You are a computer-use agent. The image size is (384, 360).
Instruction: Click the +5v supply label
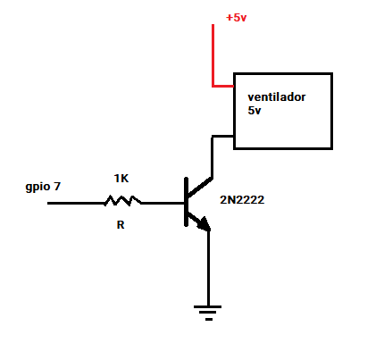pos(237,18)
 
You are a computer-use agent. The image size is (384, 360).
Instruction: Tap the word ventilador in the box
pos(277,97)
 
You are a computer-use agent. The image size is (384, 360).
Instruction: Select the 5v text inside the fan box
pos(255,111)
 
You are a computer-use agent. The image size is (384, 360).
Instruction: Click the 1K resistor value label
pos(121,179)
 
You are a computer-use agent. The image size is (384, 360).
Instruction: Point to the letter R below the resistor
pos(121,225)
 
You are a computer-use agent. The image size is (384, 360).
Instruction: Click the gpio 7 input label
pos(43,187)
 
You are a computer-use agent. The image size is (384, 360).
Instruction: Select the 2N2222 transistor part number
pos(242,200)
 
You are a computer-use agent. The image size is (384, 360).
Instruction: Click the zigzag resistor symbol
pos(122,201)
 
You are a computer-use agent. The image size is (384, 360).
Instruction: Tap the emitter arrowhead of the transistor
pos(205,225)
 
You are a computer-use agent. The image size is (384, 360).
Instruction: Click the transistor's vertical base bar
pos(186,202)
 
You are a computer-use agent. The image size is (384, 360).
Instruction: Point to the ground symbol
pos(208,313)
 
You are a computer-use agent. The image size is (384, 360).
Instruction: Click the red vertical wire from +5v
pos(213,55)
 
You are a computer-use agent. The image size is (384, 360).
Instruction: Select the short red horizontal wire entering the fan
pos(223,87)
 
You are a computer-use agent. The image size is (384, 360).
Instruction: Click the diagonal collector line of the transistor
pos(199,187)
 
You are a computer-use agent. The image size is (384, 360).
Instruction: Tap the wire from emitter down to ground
pos(208,268)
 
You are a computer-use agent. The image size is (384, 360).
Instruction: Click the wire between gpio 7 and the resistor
pos(76,203)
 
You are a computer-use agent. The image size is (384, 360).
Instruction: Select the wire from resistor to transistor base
pos(163,203)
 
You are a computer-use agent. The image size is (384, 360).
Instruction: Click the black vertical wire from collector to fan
pos(212,157)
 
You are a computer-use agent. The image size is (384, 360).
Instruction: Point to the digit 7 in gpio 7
pos(57,187)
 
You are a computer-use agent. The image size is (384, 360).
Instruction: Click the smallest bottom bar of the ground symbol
pos(209,320)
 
